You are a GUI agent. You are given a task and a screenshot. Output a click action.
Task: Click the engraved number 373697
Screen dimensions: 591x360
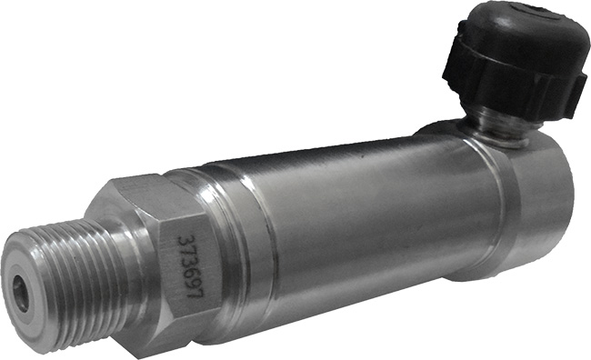(191, 266)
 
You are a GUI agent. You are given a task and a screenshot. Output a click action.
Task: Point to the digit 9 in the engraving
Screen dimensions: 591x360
(193, 279)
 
